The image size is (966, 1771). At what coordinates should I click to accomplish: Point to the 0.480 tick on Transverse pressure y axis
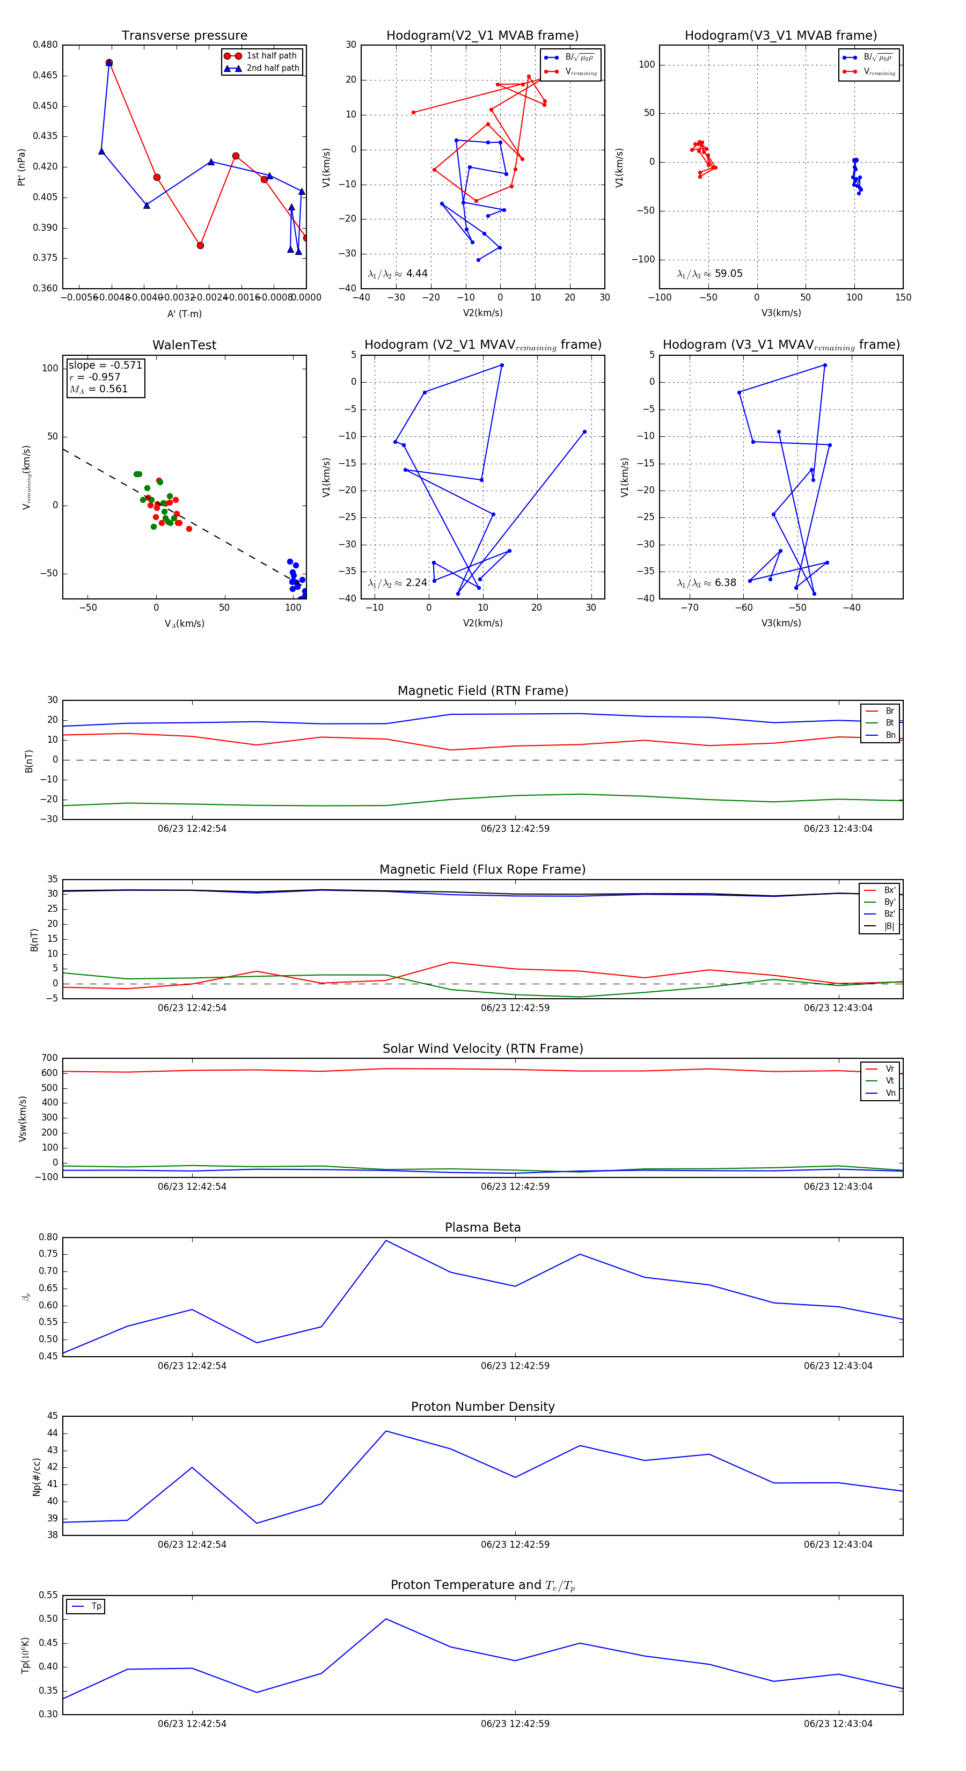46,45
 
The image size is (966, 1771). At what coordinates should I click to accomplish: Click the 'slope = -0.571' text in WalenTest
105,365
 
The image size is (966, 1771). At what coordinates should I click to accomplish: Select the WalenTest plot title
184,345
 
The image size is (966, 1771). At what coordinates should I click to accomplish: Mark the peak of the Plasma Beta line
386,1241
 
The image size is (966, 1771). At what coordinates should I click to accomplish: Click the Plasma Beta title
482,1228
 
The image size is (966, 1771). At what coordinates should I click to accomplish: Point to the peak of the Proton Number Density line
386,1431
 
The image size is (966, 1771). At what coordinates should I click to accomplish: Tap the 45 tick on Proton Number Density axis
52,1416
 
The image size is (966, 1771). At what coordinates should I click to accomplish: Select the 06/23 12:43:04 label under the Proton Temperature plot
838,1724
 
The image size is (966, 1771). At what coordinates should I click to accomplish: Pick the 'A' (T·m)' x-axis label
184,314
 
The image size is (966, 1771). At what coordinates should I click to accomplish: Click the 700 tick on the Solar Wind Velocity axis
49,1058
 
